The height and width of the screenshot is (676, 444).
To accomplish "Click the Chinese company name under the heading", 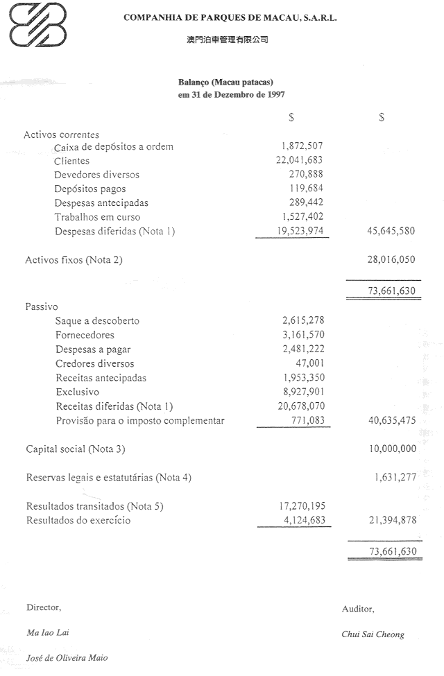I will click(228, 40).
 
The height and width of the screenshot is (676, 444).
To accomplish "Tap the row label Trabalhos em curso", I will click(97, 217).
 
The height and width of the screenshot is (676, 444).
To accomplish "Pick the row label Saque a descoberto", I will click(97, 321).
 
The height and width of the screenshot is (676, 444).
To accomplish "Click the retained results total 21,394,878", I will click(388, 520).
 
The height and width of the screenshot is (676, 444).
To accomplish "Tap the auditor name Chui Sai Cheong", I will click(373, 634).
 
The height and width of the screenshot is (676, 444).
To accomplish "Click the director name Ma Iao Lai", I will click(48, 632).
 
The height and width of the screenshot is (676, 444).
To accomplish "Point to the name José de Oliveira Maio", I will click(67, 658).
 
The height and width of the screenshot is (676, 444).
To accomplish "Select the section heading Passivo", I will click(40, 306).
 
